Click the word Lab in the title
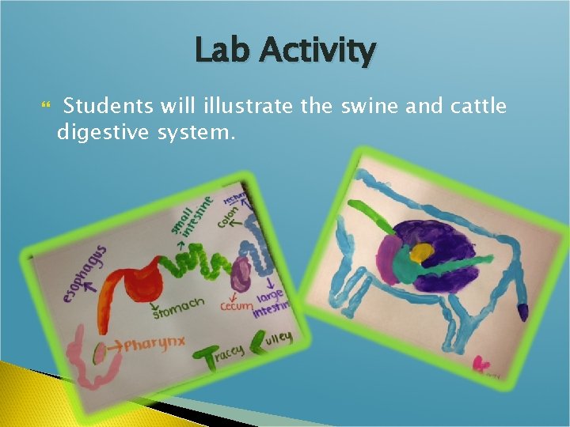pyautogui.click(x=222, y=52)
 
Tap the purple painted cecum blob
pyautogui.click(x=239, y=273)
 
